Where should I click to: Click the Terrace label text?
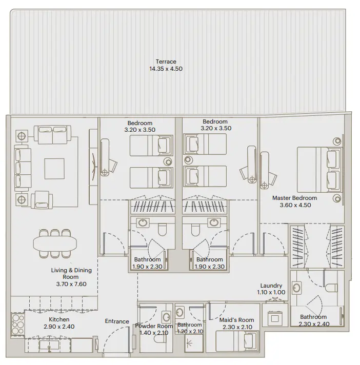point(166,62)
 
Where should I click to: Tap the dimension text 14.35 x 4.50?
point(166,69)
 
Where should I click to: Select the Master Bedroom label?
point(294,198)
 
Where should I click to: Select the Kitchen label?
point(59,319)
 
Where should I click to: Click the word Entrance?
point(117,321)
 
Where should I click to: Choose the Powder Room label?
point(154,326)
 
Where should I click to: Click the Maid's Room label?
point(236,320)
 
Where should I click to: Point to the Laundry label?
point(271,286)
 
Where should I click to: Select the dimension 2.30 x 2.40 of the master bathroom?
point(313,323)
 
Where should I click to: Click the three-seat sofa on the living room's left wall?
point(22,167)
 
